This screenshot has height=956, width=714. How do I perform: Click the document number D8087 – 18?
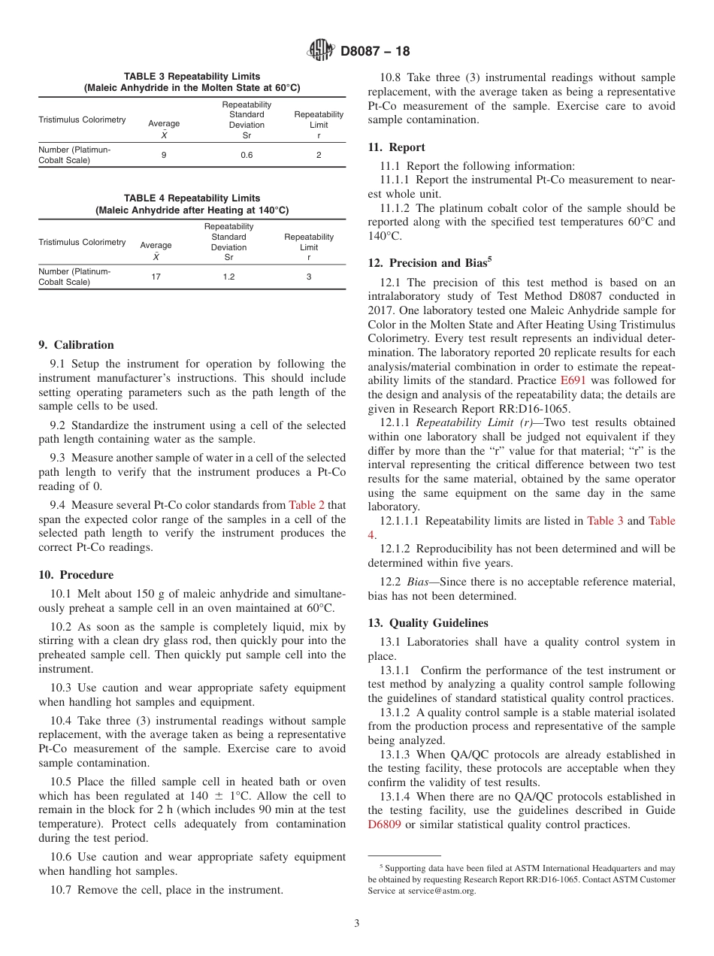(375, 52)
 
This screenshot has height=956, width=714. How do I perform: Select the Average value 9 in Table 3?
(164, 155)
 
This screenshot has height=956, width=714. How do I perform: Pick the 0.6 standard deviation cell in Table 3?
(247, 155)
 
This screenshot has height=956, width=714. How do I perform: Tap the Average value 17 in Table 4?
(156, 277)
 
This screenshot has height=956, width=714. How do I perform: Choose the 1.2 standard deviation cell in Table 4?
(228, 277)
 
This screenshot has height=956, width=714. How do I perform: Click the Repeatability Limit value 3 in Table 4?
(308, 277)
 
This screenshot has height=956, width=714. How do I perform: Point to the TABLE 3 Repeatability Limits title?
(192, 77)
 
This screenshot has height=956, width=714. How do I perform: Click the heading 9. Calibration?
(76, 345)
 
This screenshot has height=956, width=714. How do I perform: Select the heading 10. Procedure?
(76, 575)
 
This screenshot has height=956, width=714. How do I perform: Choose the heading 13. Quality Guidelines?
(428, 623)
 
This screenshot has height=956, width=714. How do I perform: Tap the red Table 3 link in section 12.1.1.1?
(605, 521)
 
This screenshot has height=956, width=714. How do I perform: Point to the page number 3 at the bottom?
(357, 923)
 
